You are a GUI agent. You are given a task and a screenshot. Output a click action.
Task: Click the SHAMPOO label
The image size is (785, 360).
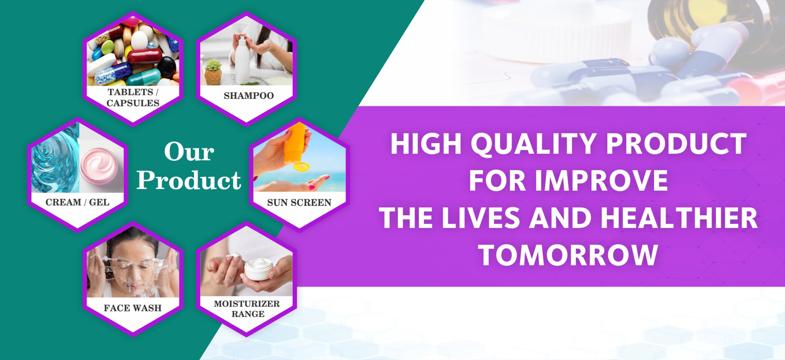[x=249, y=96]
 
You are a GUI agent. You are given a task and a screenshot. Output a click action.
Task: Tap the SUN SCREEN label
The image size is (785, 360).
[x=299, y=202]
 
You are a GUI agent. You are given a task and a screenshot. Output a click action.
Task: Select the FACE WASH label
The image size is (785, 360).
[x=132, y=308]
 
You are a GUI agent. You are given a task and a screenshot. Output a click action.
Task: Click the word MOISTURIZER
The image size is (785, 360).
[x=247, y=304]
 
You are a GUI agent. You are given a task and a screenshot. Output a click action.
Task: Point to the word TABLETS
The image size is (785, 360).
[x=130, y=92]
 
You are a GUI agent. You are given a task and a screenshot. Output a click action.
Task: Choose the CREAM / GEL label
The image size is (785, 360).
[x=77, y=202]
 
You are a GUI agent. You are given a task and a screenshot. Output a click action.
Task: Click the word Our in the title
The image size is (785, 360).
[x=189, y=152]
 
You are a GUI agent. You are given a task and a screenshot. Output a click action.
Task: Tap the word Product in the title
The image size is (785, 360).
[x=189, y=180]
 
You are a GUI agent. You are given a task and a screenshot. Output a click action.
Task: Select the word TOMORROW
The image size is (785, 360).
[x=568, y=255]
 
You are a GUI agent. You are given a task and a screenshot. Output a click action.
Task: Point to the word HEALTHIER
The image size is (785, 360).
[x=679, y=218]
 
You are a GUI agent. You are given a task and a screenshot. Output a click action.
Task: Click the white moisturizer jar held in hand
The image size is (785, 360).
[x=258, y=269]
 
